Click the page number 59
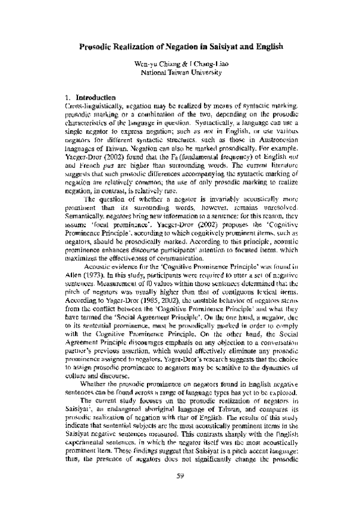point(180,476)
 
